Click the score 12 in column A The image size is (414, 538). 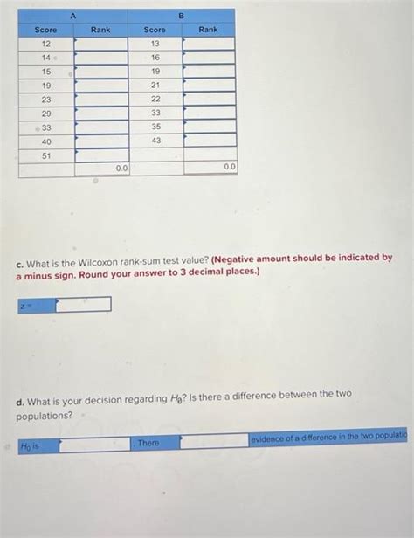coord(46,44)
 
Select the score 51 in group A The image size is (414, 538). coord(46,155)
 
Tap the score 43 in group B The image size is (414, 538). coord(155,141)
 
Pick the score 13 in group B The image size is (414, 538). coord(155,44)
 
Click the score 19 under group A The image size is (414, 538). coord(46,86)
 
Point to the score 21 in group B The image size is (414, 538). coord(155,86)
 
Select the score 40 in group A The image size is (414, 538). coord(46,141)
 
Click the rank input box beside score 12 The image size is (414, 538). coord(101,44)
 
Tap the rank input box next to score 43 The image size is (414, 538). coord(210,141)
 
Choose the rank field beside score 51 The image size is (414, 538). coord(101,155)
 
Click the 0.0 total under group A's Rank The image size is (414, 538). coord(121,168)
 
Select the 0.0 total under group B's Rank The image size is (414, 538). coord(229,166)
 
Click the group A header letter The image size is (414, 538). coord(73,16)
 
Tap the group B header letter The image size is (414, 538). coord(182,16)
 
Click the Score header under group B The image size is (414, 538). coord(155,30)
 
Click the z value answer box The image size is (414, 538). coord(84,305)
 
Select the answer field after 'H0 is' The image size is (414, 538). coord(94,444)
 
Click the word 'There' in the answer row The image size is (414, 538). coord(148,443)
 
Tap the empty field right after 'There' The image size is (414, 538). coord(214,442)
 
